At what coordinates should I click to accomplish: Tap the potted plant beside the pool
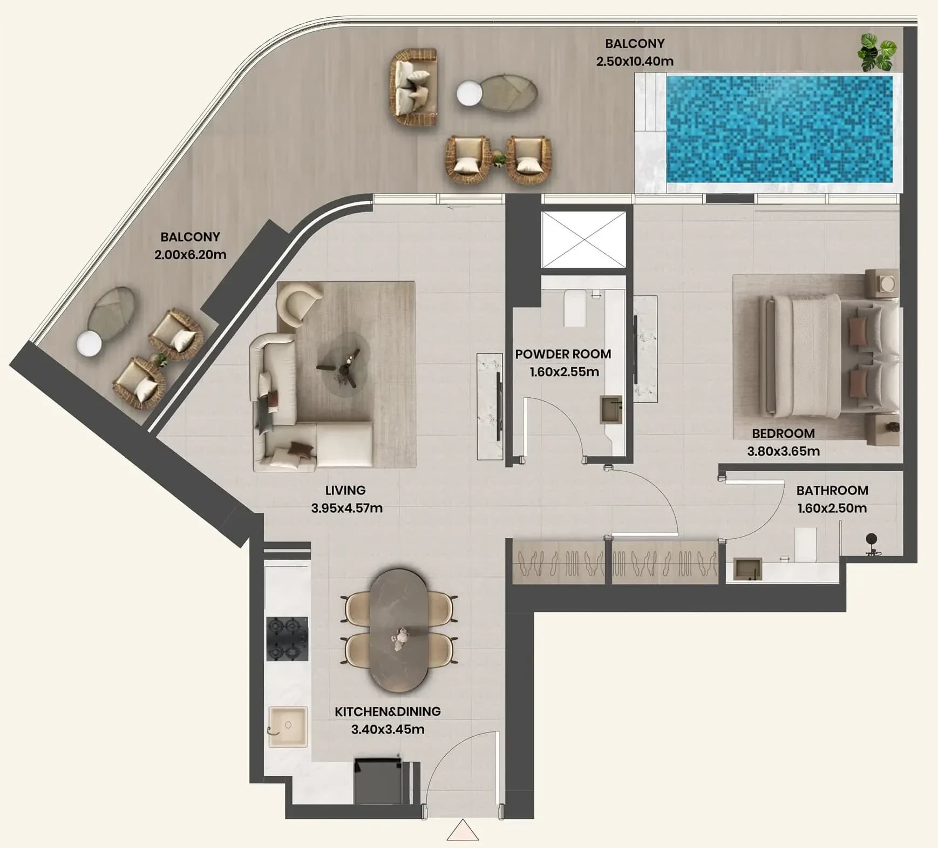pos(877,52)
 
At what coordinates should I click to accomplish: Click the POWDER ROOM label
pos(563,354)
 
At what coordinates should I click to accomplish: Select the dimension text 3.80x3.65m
pos(783,451)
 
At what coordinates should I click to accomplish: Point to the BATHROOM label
pos(832,491)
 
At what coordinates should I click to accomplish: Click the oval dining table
pos(400,630)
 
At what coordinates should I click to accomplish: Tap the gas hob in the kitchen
pos(287,639)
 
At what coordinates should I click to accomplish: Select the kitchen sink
pos(288,727)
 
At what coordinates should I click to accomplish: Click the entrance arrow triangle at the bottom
pos(463,830)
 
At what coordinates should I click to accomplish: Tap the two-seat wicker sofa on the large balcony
pos(413,87)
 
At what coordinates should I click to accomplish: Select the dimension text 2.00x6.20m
pos(190,255)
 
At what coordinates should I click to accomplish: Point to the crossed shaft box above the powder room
pos(584,240)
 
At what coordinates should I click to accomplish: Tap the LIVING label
pos(345,491)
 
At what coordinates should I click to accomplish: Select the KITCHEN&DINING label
pos(388,711)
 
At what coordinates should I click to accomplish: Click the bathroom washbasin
pos(747,570)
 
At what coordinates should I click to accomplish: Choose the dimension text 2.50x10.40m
pos(635,62)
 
